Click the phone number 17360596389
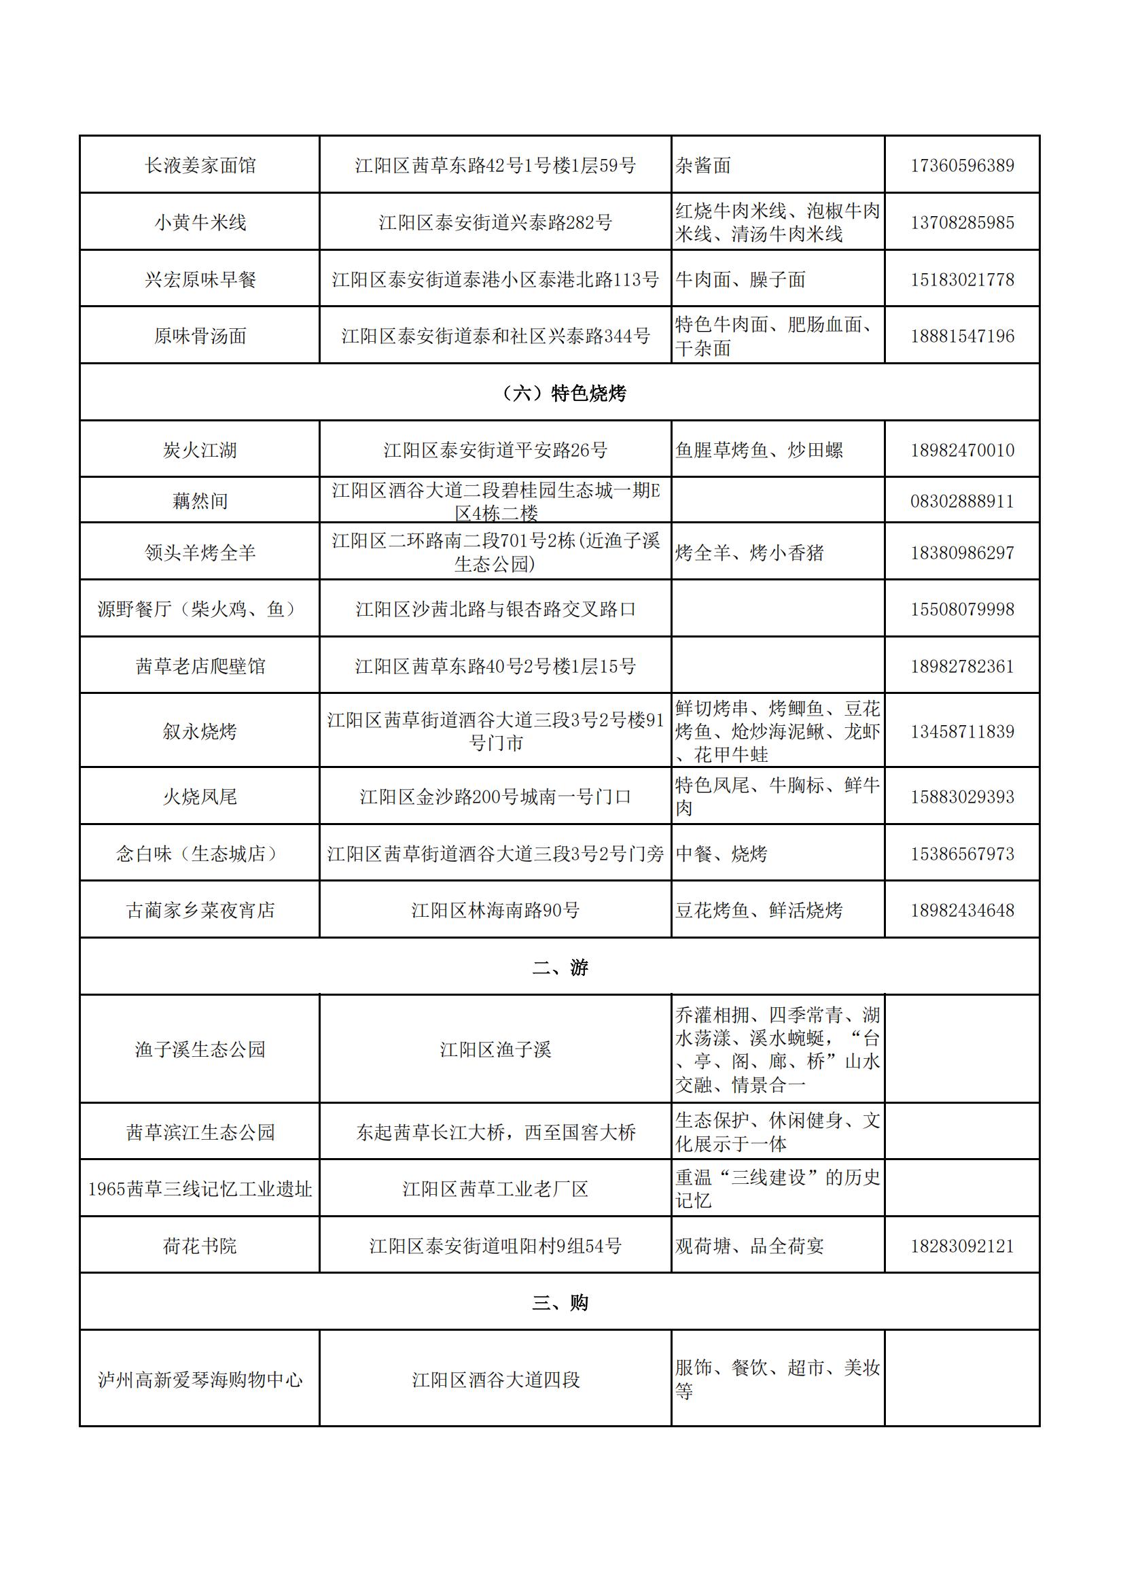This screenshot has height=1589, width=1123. click(x=962, y=165)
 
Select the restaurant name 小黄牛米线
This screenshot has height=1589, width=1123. click(x=200, y=222)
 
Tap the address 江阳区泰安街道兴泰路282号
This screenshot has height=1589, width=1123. click(x=495, y=222)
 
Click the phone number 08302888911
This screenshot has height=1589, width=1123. click(x=962, y=501)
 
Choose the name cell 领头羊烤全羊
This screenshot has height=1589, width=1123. click(x=200, y=553)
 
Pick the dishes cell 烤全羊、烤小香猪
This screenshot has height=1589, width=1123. click(x=749, y=553)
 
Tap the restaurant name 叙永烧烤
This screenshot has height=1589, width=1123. click(x=200, y=731)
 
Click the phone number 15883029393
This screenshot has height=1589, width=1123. click(x=962, y=797)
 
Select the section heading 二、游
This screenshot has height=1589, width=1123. click(x=560, y=967)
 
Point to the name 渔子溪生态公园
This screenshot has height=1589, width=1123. click(x=200, y=1049)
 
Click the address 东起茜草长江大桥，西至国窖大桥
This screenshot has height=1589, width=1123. click(x=495, y=1132)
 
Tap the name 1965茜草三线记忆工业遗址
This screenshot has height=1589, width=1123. click(x=200, y=1189)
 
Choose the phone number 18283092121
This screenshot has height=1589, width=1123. click(x=962, y=1246)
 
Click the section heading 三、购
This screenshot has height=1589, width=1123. click(x=560, y=1302)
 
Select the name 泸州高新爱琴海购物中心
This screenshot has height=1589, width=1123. click(x=200, y=1380)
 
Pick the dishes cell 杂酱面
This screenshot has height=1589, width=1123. click(x=703, y=165)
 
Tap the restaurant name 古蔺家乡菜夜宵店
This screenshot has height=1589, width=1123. click(x=200, y=910)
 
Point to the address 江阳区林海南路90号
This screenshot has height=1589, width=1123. click(x=495, y=910)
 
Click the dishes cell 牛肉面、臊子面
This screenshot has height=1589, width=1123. click(x=741, y=279)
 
